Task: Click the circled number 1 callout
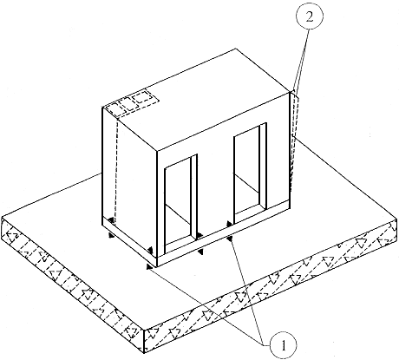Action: pos(284,345)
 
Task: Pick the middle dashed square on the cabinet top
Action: pos(127,103)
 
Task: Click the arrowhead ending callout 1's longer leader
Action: pos(150,267)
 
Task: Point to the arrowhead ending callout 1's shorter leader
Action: pos(230,238)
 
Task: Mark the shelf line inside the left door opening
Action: pos(177,213)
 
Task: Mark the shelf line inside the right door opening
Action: pos(247,184)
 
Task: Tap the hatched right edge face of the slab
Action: pos(271,285)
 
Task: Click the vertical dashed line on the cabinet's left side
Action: pos(116,171)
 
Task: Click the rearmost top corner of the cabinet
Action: pos(236,49)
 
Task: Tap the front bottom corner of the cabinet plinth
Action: pos(157,266)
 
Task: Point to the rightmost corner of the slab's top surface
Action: pos(397,219)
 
